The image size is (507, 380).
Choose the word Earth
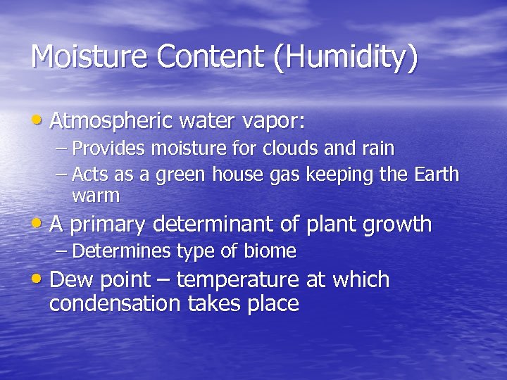point(437,174)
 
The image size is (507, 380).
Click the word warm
point(96,195)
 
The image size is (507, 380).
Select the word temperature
point(237,281)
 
